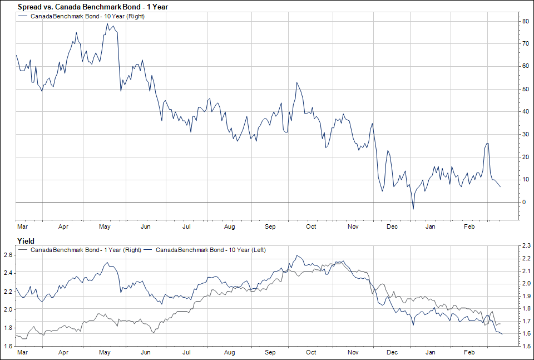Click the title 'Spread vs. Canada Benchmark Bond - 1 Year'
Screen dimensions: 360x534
tap(93, 7)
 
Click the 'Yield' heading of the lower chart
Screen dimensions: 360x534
tap(27, 241)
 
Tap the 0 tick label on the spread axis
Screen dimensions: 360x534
tap(523, 203)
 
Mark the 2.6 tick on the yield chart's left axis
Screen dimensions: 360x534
tap(8, 255)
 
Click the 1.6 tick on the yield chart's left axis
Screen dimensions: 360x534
tap(8, 346)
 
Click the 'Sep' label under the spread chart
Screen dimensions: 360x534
tap(270, 226)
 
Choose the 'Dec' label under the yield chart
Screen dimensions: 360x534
tap(393, 352)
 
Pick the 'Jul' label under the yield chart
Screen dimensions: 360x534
tap(187, 352)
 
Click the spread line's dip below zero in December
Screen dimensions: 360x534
tap(413, 209)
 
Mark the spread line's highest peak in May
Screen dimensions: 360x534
tap(107, 23)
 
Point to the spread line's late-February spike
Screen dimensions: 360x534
tap(488, 144)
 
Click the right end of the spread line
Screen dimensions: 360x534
tap(500, 186)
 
